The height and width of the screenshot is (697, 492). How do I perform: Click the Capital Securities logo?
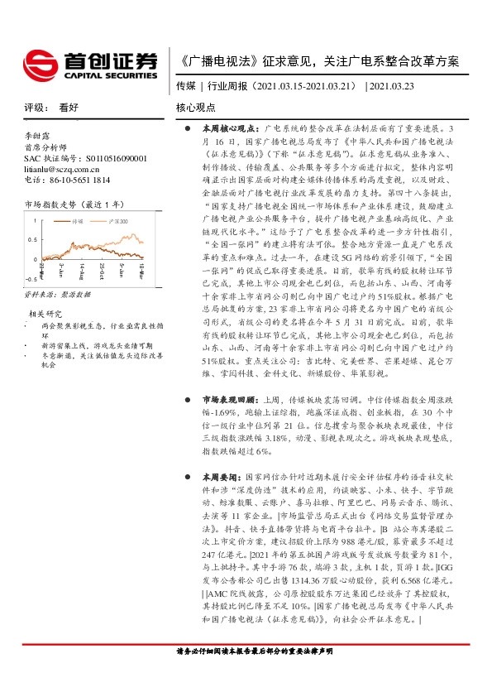[89, 64]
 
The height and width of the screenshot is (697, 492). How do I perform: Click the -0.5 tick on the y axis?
[31, 280]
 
